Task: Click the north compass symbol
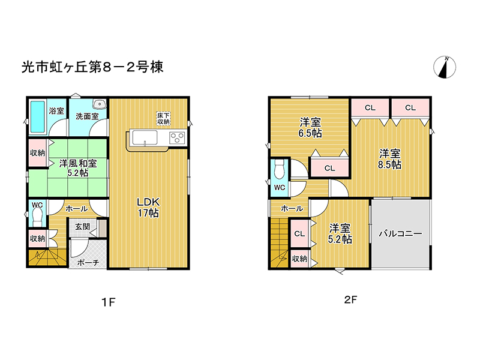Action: pos(445,67)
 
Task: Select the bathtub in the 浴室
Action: pos(37,118)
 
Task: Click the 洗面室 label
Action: pos(87,116)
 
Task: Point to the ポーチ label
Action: pos(88,262)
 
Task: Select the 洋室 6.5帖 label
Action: pos(311,128)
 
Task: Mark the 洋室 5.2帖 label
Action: pos(340,233)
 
